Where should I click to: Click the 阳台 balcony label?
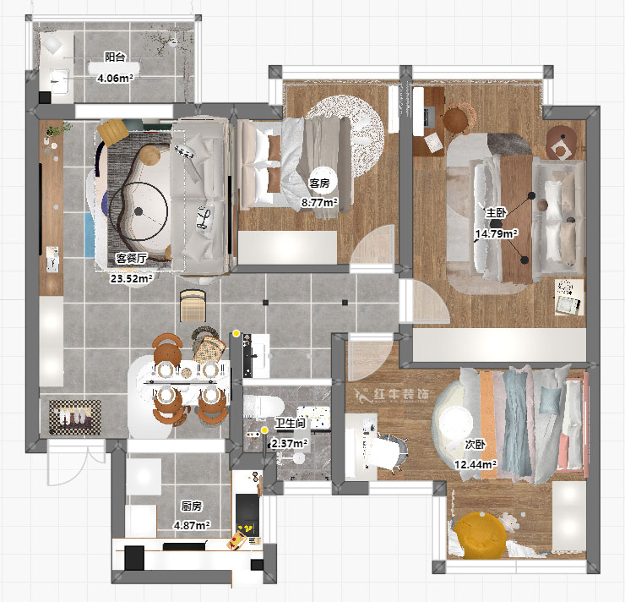point(115,57)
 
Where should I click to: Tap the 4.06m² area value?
point(115,78)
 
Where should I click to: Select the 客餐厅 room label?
point(131,259)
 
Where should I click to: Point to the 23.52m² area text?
point(132,278)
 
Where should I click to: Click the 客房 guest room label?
point(319,183)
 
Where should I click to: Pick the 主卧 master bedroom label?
point(496,213)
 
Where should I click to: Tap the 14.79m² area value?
point(497,233)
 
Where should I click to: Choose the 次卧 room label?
point(476,445)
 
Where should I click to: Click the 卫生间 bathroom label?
point(291,424)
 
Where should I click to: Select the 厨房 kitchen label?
point(192,506)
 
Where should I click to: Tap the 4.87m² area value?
point(192,525)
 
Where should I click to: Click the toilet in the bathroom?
point(263,407)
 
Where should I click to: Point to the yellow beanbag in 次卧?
point(480,535)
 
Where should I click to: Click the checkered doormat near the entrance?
point(74,417)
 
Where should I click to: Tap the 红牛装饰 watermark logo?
point(392,394)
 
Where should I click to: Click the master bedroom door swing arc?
point(431,300)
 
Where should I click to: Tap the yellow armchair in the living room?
point(113,131)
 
